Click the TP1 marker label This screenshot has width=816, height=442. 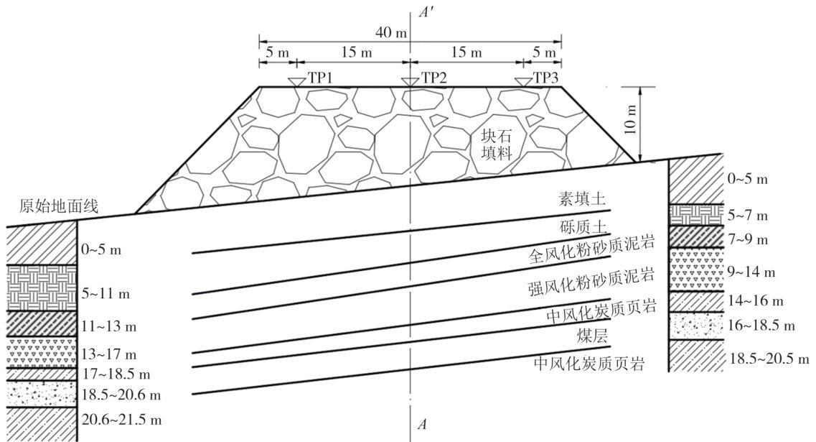321,78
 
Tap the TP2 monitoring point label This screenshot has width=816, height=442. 434,78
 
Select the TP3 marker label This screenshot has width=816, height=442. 545,78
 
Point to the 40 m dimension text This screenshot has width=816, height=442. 388,32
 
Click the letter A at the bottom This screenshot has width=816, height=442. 423,424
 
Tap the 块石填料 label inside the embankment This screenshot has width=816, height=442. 496,144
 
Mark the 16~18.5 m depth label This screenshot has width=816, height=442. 762,325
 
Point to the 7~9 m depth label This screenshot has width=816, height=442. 749,239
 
